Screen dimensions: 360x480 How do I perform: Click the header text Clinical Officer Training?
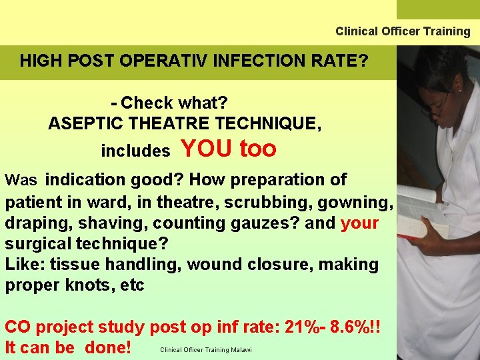pyautogui.click(x=403, y=31)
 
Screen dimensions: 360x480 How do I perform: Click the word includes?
pyautogui.click(x=135, y=151)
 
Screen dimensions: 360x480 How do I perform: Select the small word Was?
pyautogui.click(x=21, y=181)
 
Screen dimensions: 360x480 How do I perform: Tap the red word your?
pyautogui.click(x=359, y=223)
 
